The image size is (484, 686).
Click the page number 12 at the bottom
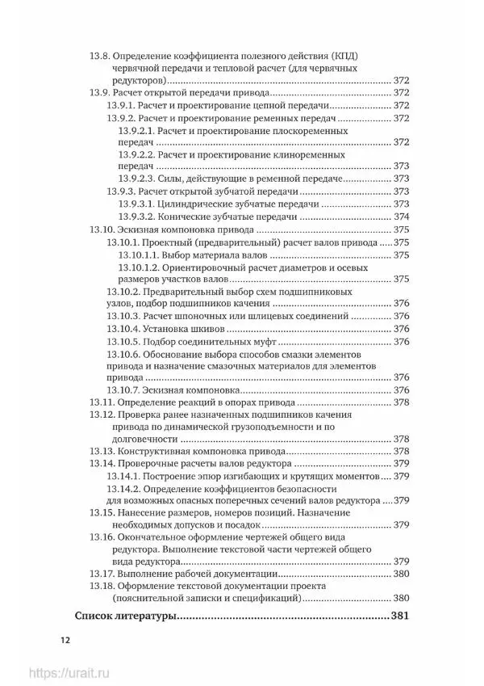click(64, 642)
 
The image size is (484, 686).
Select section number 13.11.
click(101, 402)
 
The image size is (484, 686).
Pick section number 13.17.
click(101, 573)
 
